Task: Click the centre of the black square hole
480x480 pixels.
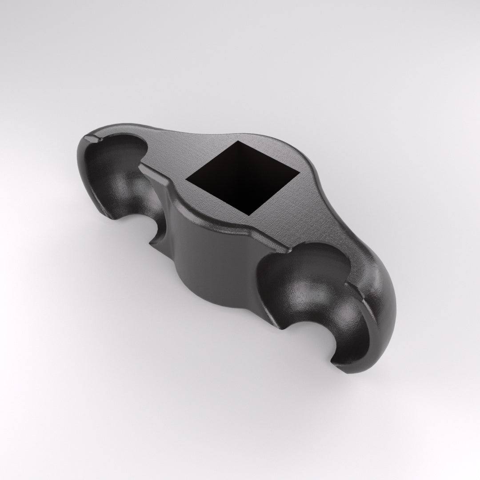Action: click(241, 177)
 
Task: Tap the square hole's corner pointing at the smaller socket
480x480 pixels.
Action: click(186, 179)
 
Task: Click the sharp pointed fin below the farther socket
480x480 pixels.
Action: click(153, 242)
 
